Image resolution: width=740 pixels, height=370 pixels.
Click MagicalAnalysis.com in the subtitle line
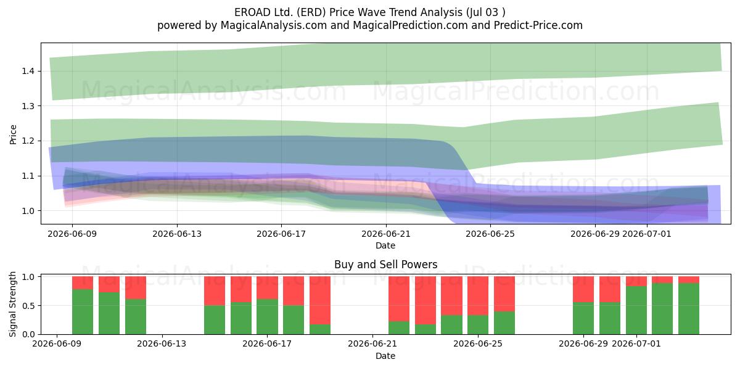274,25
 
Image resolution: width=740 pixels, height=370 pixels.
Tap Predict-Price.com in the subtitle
538,25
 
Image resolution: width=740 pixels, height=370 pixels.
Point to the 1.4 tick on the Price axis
28,71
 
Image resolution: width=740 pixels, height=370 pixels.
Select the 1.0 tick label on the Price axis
28,211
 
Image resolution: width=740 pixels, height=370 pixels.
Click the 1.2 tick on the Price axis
28,141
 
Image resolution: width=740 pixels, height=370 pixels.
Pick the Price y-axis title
13,134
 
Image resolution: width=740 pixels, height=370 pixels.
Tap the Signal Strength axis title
12,304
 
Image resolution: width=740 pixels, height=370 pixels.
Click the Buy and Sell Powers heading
385,265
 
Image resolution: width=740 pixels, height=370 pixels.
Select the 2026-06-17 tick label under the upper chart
281,234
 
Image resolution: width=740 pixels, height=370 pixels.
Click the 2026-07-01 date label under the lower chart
636,343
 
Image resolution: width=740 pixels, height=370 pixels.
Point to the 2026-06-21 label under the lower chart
372,343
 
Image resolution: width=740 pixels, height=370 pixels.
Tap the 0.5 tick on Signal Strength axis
28,306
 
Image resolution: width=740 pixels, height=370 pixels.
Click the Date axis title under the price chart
385,245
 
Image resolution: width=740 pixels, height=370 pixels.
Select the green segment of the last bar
689,308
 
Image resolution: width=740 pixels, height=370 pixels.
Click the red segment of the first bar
83,283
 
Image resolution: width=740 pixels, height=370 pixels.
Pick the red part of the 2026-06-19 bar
320,300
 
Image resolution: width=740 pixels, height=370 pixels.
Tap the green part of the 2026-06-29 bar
583,318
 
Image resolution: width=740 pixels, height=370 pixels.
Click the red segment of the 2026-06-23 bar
425,300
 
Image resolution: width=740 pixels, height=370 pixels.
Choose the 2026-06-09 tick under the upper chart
72,234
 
